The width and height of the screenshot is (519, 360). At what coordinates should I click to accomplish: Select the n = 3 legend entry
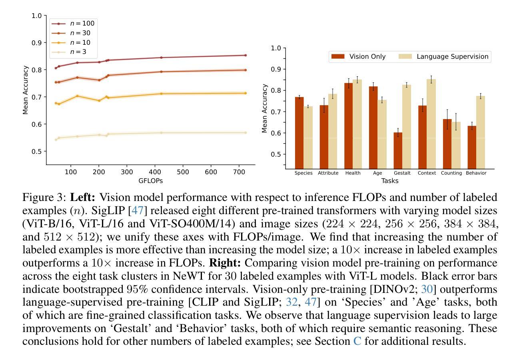(x=72, y=52)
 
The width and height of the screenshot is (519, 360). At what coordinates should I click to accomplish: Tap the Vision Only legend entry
(x=358, y=57)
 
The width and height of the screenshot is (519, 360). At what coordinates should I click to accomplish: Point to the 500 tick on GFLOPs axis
(x=183, y=172)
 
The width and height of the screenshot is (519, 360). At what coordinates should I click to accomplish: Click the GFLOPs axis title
(x=150, y=181)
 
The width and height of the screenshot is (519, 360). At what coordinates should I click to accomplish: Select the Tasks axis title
(x=389, y=181)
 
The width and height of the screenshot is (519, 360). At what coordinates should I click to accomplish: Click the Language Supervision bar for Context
(x=431, y=124)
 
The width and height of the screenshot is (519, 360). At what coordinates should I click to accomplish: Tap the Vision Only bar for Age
(x=373, y=127)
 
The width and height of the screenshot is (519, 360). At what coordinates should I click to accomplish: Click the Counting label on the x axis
(x=451, y=173)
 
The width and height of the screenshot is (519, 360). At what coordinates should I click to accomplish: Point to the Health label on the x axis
(x=353, y=173)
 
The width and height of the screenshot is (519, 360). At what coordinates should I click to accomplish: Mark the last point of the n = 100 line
(x=245, y=55)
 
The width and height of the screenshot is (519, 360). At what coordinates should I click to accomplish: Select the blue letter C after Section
(x=357, y=342)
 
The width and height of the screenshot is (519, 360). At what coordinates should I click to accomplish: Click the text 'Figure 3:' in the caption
(x=45, y=198)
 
